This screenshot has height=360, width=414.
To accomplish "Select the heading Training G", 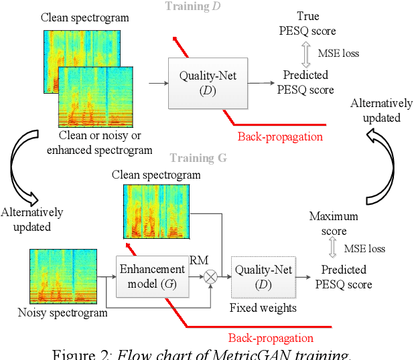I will [198, 158].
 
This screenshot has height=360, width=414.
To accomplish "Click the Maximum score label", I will [334, 223].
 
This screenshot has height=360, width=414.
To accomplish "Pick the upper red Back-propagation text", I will [280, 137].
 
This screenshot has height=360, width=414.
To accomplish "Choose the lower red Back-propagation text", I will [271, 337].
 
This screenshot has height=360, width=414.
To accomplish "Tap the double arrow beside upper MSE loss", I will [305, 52].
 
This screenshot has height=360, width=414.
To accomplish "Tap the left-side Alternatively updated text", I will [32, 219].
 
